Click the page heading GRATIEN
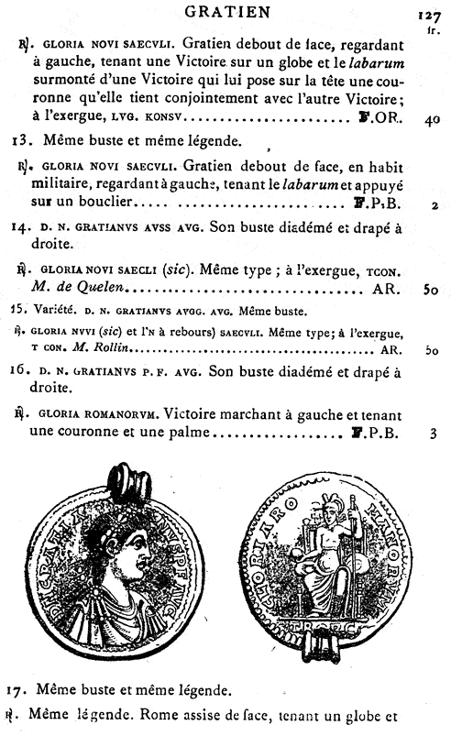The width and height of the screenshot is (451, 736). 225,12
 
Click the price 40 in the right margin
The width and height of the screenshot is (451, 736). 433,119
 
